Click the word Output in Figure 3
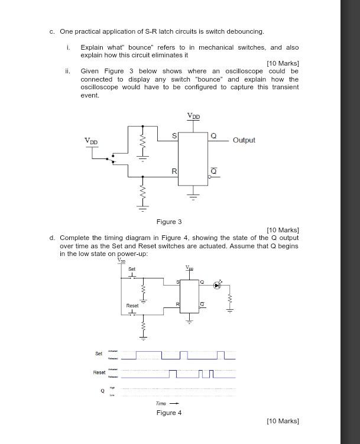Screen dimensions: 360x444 [x=244, y=140]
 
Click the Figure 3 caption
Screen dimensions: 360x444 [x=169, y=222]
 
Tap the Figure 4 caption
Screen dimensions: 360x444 [x=169, y=413]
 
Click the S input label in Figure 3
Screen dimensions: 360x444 [x=174, y=136]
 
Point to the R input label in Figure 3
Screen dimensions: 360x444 [x=174, y=171]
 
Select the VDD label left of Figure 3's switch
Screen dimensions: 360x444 [x=91, y=141]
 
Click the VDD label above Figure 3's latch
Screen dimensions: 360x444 [x=193, y=116]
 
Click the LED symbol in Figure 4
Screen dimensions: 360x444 [x=218, y=285]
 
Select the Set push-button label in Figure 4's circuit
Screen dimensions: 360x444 [x=132, y=269]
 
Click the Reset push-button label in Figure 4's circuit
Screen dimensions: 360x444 [x=132, y=306]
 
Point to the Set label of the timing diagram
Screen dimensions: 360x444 [x=99, y=354]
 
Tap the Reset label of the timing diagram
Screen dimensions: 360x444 [x=99, y=372]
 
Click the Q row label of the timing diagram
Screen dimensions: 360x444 [x=102, y=390]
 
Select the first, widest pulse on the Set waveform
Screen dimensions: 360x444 [x=148, y=355]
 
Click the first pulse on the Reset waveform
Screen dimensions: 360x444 [x=173, y=374]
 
